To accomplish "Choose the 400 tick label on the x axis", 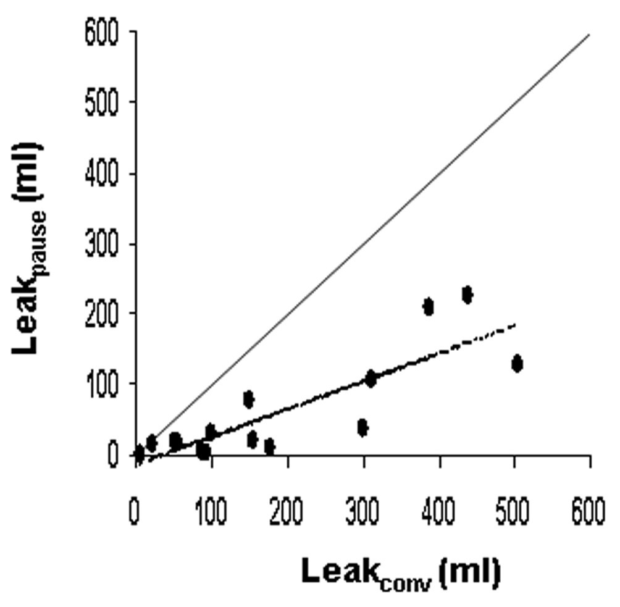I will coord(438,514).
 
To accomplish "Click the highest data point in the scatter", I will coord(467,295).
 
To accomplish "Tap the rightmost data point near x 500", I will coord(517,364).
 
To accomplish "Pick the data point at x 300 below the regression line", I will coord(362,427).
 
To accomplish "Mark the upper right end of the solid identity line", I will coord(589,35).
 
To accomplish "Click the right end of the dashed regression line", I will coord(514,324).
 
